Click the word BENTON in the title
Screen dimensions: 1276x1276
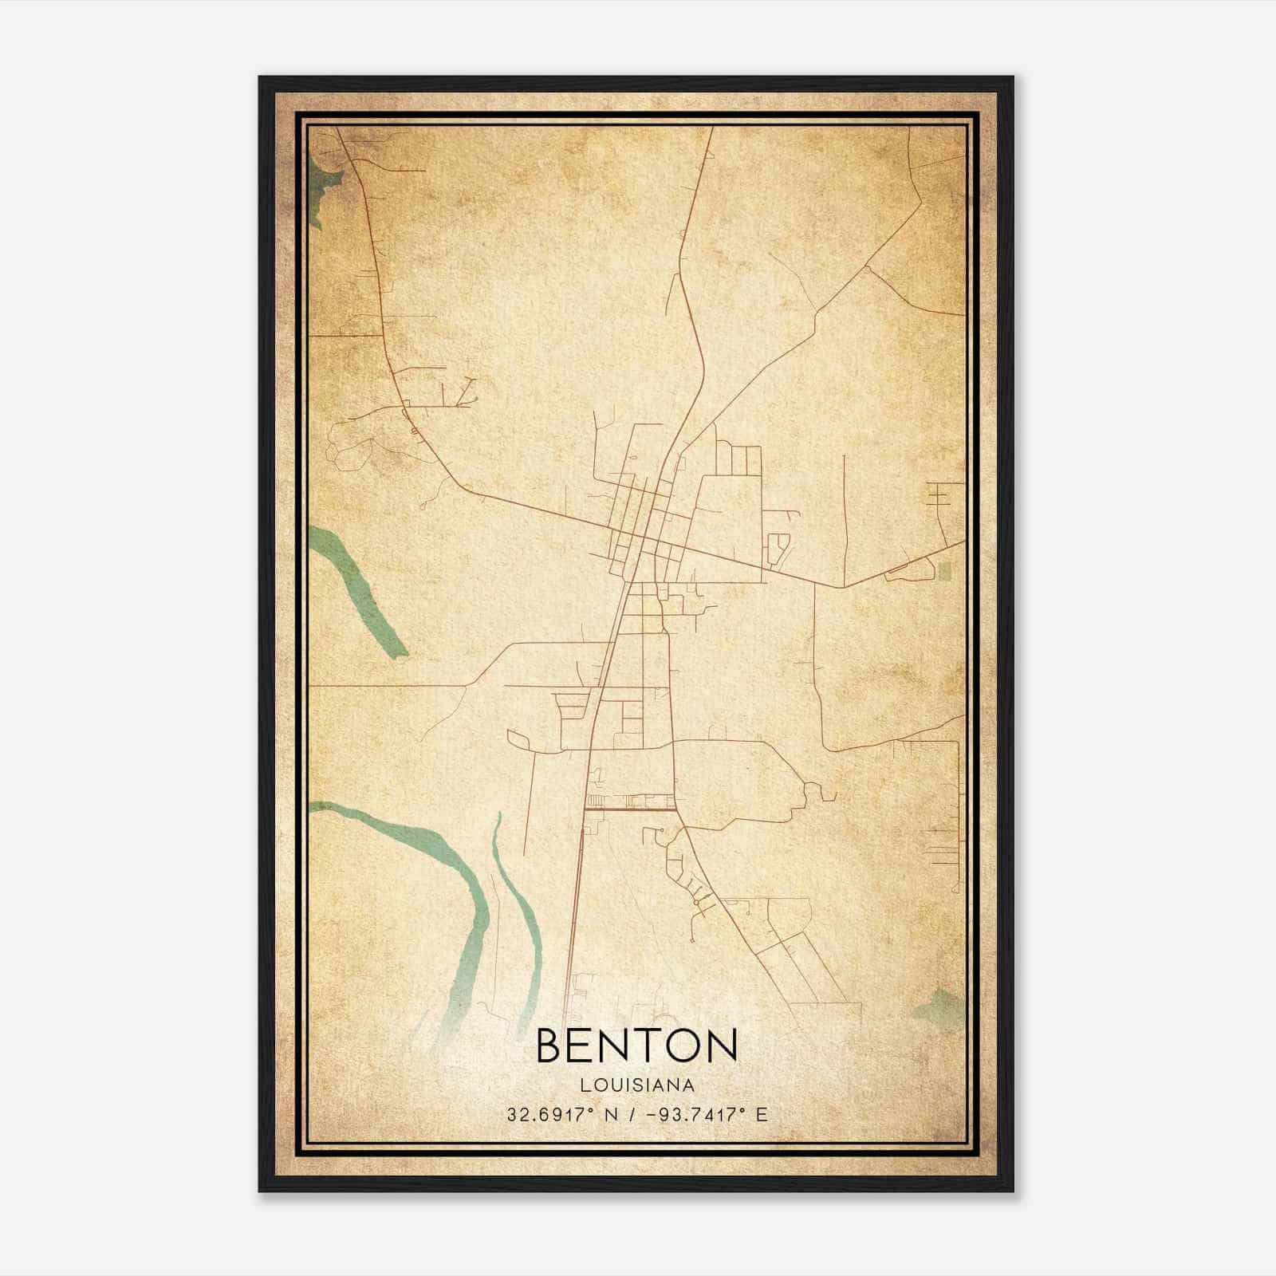click(636, 1045)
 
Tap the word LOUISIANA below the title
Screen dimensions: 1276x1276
click(636, 1085)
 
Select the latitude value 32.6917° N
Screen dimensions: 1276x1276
click(563, 1115)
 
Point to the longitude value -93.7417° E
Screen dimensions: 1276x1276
click(701, 1115)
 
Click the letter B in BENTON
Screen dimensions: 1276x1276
click(551, 1045)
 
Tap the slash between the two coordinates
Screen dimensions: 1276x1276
click(632, 1115)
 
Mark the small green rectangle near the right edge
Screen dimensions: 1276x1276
click(946, 570)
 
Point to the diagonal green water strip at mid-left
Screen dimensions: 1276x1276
click(359, 590)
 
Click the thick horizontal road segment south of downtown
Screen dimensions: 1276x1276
click(630, 809)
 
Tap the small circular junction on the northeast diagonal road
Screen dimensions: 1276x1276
click(867, 270)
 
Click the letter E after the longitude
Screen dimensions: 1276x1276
click(762, 1115)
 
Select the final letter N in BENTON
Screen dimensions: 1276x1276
click(720, 1045)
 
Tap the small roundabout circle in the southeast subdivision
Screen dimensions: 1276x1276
click(696, 902)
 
